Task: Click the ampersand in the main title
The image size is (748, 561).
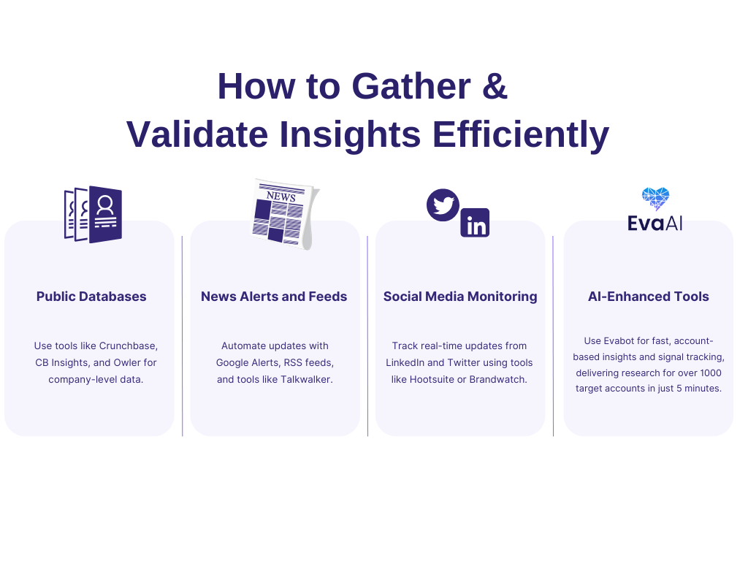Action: pyautogui.click(x=495, y=87)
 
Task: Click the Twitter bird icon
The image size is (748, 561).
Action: pyautogui.click(x=443, y=205)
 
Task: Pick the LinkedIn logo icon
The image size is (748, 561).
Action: pyautogui.click(x=475, y=224)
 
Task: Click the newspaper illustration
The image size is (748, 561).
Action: pyautogui.click(x=284, y=213)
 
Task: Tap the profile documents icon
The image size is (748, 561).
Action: pyautogui.click(x=93, y=215)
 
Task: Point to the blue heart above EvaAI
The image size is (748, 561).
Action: pyautogui.click(x=655, y=198)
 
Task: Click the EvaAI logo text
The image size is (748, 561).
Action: pyautogui.click(x=655, y=222)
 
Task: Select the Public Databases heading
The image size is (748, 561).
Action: pyautogui.click(x=91, y=297)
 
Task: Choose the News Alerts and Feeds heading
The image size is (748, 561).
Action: pyautogui.click(x=274, y=297)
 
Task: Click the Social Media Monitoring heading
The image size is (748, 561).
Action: pyautogui.click(x=460, y=297)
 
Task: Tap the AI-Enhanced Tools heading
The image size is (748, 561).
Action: pyautogui.click(x=649, y=297)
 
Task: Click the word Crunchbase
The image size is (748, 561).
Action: pyautogui.click(x=129, y=346)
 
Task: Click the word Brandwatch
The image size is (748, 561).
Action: pyautogui.click(x=500, y=379)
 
